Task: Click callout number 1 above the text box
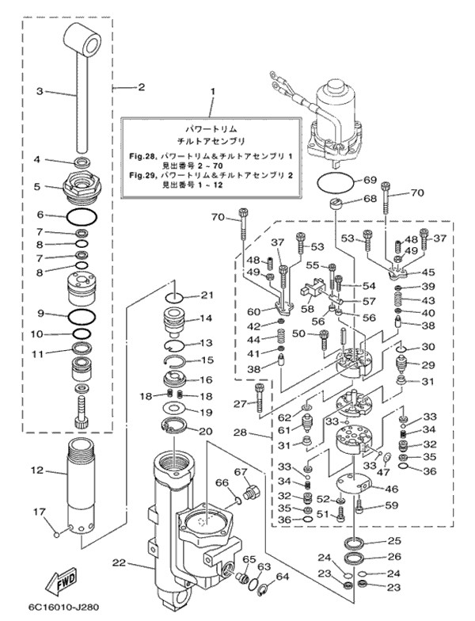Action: tap(211, 93)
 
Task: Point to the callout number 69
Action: tap(370, 180)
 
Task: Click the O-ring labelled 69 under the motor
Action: tap(333, 182)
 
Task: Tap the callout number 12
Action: tap(36, 471)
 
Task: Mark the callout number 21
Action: tap(207, 295)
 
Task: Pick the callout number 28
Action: tap(240, 432)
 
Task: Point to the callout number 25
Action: tap(393, 541)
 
